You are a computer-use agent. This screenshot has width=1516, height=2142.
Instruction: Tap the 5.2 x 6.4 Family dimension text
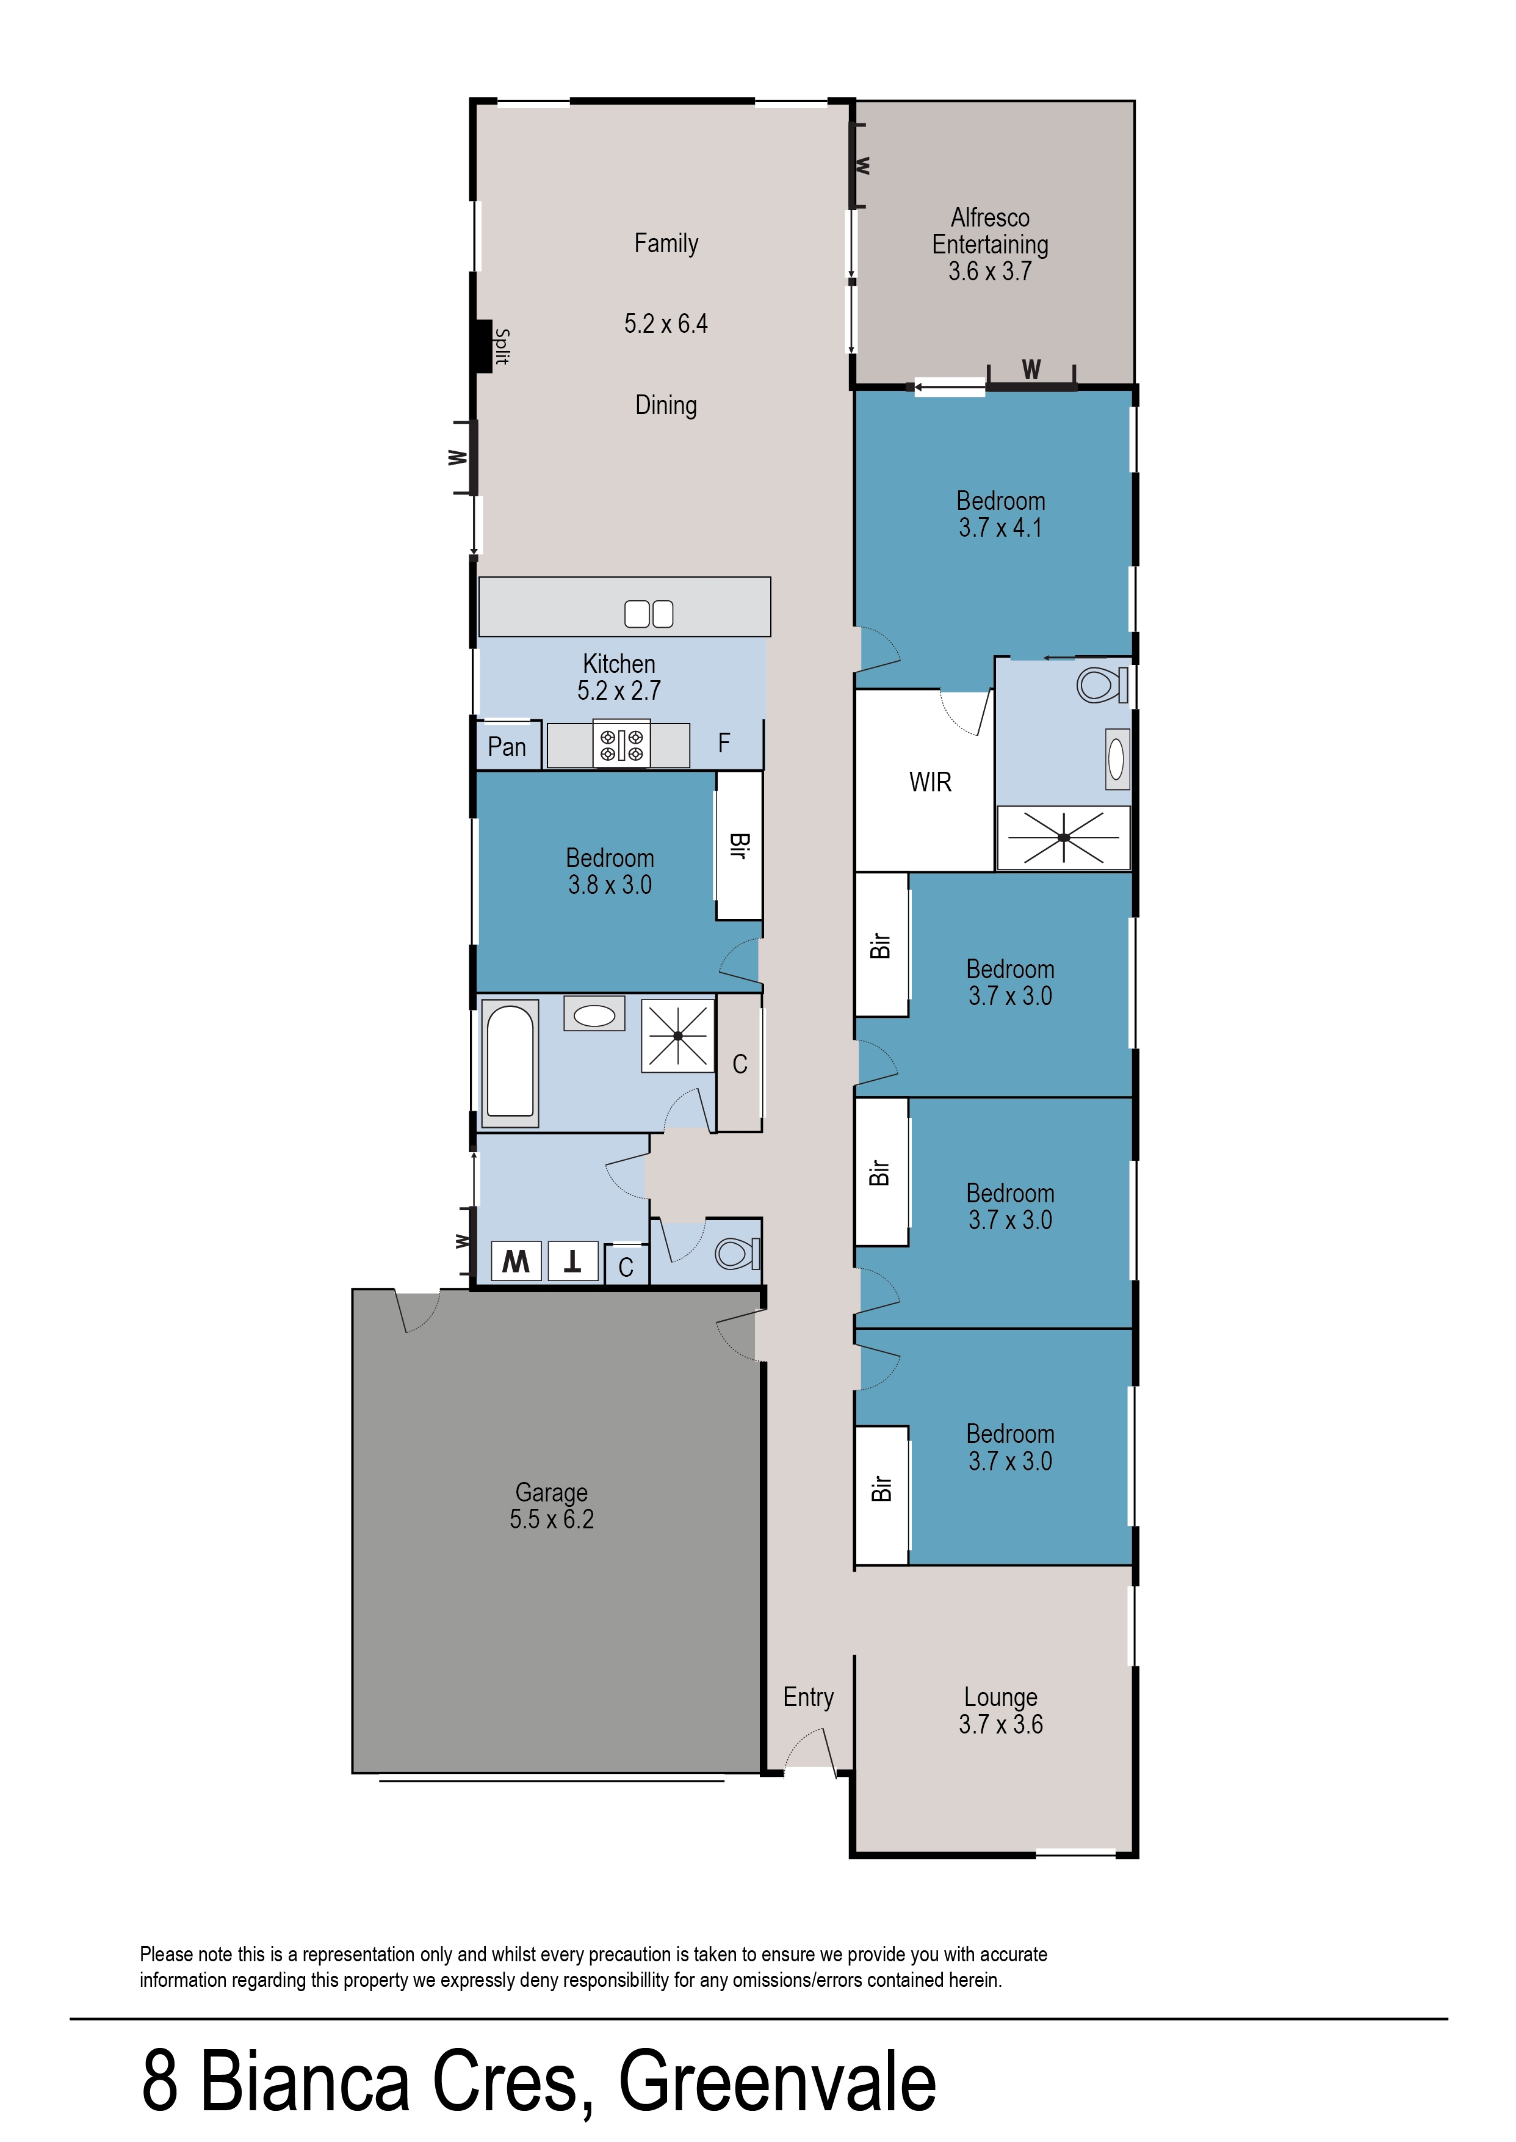click(x=666, y=324)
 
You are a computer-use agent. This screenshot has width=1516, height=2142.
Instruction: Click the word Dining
click(x=666, y=405)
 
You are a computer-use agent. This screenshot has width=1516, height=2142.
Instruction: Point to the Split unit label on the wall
click(x=502, y=346)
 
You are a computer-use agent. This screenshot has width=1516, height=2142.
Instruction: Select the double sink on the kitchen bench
click(x=648, y=614)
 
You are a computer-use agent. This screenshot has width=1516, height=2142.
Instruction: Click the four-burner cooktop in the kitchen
click(x=622, y=745)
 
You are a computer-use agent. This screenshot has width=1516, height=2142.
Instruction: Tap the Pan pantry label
click(x=507, y=747)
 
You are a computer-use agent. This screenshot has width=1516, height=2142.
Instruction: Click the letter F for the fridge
click(x=723, y=743)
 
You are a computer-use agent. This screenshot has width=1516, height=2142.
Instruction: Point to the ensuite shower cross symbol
click(x=1063, y=838)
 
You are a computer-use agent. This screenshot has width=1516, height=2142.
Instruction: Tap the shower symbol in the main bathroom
click(x=677, y=1036)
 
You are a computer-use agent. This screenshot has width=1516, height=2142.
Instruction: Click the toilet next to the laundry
click(x=737, y=1253)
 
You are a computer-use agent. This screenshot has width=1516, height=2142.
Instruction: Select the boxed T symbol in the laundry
click(x=572, y=1262)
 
